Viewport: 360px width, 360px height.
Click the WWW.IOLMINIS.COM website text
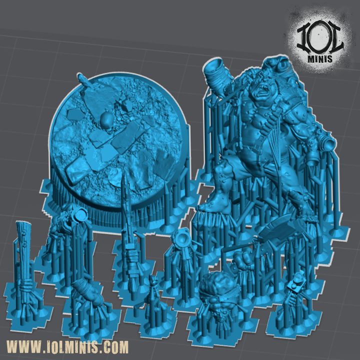click(68, 346)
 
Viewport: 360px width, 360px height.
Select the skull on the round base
click(106, 120)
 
